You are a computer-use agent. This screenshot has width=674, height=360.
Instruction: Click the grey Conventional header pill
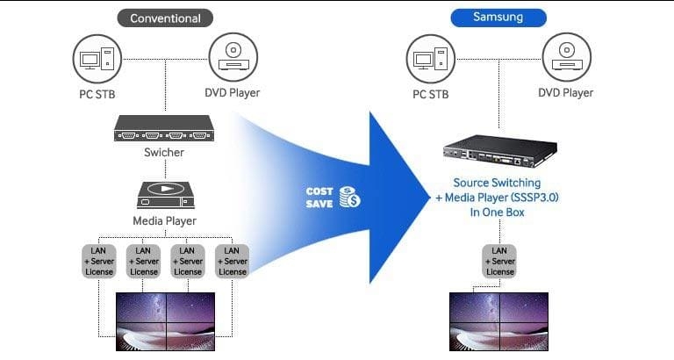click(165, 18)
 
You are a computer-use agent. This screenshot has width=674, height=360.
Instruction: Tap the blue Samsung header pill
click(498, 18)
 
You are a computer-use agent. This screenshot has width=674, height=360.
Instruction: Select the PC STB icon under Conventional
click(97, 59)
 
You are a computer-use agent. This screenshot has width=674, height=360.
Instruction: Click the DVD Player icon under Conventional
click(233, 57)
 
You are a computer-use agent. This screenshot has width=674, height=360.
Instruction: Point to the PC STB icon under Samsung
click(431, 59)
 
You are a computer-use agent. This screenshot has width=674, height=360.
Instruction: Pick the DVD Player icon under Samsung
click(567, 57)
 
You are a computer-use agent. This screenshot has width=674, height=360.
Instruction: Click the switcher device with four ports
click(164, 128)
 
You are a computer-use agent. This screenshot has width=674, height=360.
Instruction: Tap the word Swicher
click(164, 152)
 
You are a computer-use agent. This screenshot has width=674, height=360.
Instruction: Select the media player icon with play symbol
click(166, 195)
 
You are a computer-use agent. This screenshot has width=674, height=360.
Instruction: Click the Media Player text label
click(165, 221)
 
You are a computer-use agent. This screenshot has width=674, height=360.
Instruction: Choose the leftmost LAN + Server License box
click(99, 261)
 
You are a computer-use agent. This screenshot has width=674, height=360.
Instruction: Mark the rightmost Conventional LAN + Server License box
click(232, 261)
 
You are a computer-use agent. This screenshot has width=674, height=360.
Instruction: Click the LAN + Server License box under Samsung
click(499, 261)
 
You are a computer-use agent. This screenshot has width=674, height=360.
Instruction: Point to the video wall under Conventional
click(166, 321)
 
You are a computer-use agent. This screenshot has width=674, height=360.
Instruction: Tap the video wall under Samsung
click(498, 321)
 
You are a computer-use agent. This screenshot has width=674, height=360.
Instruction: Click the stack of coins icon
click(349, 197)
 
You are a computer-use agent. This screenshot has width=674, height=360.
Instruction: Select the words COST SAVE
click(319, 198)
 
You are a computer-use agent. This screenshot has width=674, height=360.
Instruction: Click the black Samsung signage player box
click(500, 151)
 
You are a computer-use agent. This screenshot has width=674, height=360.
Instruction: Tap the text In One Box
click(498, 212)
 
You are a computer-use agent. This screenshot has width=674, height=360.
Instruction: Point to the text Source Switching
click(497, 183)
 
